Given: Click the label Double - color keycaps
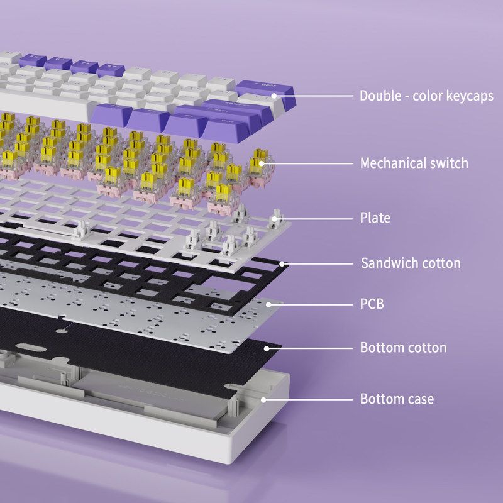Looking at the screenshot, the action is pos(426,96).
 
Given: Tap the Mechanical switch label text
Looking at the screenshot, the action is pos(414,163).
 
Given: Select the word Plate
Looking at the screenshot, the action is pos(375,218).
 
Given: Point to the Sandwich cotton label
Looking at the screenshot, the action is pos(411,263).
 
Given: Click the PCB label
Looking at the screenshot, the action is pos(372,304).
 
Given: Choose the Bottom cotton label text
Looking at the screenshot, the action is pos(403,348).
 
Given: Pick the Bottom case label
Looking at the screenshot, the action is pos(397,399).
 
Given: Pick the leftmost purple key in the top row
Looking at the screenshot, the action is pos(33,60).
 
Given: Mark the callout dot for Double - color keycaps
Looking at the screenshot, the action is pos(274,96).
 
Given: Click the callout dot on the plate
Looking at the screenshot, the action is pos(274,219).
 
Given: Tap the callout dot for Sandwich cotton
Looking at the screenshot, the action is pos(282,264).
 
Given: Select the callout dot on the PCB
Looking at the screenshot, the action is pos(268,305).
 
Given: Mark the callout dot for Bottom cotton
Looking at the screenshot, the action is pos(267,348).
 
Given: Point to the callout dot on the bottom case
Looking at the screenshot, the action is pos(263,400).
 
